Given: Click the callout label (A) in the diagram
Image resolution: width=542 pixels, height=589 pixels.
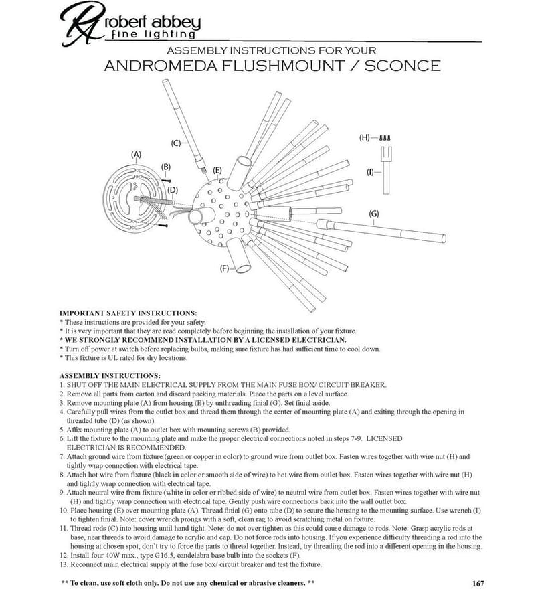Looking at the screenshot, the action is [136, 155].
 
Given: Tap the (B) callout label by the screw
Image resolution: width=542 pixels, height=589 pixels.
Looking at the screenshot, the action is [166, 167].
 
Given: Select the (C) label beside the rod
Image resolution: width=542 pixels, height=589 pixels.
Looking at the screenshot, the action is [176, 143].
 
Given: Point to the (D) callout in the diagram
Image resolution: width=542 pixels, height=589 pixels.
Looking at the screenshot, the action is [173, 190].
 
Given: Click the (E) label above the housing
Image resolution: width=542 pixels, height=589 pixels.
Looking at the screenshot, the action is [217, 171].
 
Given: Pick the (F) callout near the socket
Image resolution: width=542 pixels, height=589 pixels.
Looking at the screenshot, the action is [224, 268].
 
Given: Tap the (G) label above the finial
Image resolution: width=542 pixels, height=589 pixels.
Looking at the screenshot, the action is [374, 214].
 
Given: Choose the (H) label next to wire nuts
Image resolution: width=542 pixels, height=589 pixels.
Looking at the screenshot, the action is [364, 137].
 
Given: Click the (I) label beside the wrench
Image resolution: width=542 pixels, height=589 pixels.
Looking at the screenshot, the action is [370, 172].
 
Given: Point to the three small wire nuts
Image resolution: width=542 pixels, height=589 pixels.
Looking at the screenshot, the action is [385, 138].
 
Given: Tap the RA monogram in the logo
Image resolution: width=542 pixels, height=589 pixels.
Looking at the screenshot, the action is [82, 23].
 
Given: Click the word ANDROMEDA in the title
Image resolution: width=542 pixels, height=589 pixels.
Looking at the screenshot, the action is [161, 66].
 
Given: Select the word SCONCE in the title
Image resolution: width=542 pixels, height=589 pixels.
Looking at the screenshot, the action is [402, 66].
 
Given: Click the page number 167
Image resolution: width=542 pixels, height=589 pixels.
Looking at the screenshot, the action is [478, 583].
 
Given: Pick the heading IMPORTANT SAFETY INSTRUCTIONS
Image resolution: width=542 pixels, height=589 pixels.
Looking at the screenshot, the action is [128, 313].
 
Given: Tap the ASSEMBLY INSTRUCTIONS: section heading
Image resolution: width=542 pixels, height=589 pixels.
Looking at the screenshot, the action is [110, 375].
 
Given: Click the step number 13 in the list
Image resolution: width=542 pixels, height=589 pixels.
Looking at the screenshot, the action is [64, 564].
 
